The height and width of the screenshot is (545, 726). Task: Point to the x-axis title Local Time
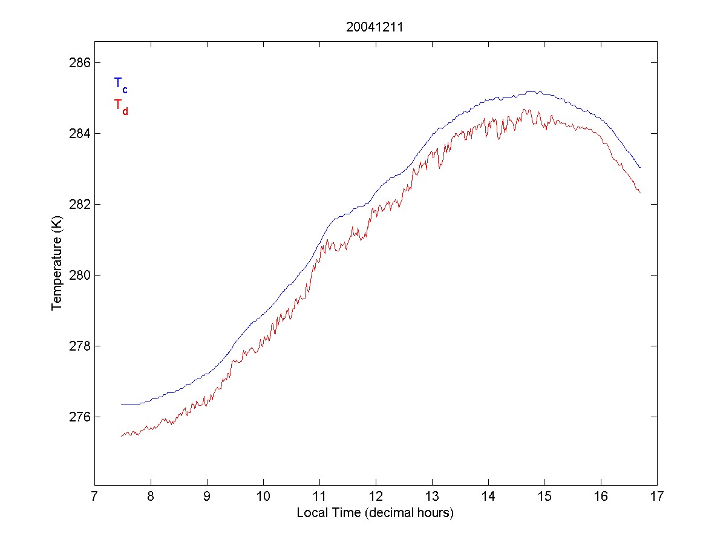point(375,513)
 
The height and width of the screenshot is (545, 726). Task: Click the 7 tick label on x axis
point(94,497)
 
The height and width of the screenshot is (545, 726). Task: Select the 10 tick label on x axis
point(263,497)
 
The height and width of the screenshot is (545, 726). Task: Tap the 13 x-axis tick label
point(432,497)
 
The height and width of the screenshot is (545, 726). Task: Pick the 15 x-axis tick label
point(544,497)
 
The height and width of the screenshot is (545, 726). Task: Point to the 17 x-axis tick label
point(657,497)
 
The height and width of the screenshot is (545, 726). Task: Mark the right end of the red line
point(640,192)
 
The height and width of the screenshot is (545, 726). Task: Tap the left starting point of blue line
point(122,405)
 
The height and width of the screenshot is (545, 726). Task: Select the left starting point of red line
point(122,435)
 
